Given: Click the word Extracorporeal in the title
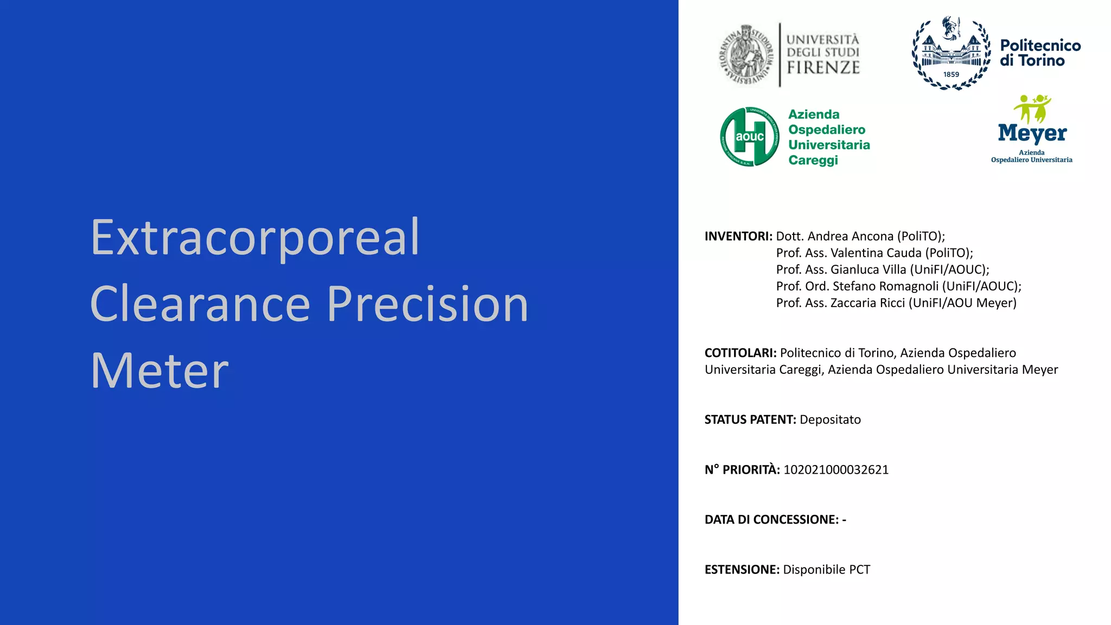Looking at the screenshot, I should [x=255, y=238].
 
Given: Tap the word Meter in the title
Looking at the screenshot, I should [x=159, y=371].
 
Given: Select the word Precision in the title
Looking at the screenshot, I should [x=427, y=304].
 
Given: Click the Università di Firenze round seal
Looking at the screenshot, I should [x=746, y=55].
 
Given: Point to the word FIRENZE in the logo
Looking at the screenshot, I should [x=823, y=68].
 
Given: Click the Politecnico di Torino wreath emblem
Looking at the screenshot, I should [x=951, y=53].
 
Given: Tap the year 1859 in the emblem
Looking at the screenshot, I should [x=951, y=74].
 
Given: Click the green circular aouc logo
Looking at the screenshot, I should [x=750, y=137].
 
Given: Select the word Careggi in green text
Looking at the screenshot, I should [x=813, y=160].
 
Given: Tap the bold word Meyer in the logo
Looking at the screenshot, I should [x=1032, y=133].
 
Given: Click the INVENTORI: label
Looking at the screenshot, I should [x=738, y=237].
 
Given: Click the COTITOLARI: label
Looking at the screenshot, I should [x=740, y=353].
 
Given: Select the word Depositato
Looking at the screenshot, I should [x=830, y=420].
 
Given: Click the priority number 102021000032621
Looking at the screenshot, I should [x=836, y=470].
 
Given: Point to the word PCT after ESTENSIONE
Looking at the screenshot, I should [x=859, y=570].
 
